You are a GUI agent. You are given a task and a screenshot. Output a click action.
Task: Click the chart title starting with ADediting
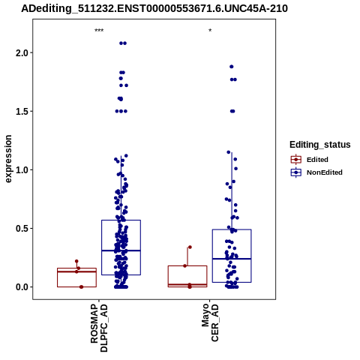click(x=154, y=9)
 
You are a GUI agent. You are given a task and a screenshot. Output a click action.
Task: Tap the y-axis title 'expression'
click(x=8, y=159)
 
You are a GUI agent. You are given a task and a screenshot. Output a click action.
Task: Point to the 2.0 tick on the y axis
click(x=21, y=52)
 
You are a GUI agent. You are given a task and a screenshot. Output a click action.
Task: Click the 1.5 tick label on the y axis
click(x=21, y=111)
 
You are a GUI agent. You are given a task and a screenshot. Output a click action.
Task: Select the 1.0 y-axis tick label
click(x=21, y=169)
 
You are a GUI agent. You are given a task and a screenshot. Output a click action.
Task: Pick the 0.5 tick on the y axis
click(x=21, y=228)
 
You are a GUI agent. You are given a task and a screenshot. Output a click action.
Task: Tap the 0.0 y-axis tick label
click(x=21, y=287)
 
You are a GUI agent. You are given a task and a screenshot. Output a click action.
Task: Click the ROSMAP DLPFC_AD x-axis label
click(x=99, y=328)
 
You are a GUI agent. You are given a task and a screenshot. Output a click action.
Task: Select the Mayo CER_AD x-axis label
click(x=210, y=322)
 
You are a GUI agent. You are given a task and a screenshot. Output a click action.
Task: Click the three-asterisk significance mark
click(x=99, y=31)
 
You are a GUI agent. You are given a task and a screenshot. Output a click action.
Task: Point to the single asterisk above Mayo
click(x=210, y=30)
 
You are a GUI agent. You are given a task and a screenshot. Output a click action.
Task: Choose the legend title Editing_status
click(x=320, y=145)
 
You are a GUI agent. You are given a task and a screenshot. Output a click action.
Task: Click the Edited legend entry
click(x=317, y=160)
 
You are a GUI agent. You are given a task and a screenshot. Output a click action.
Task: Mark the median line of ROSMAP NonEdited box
click(x=121, y=250)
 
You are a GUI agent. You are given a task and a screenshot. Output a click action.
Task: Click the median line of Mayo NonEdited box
click(x=232, y=259)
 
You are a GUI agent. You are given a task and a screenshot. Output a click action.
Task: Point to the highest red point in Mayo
click(x=190, y=247)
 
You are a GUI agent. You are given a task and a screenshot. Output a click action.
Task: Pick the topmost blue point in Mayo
click(x=232, y=67)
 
